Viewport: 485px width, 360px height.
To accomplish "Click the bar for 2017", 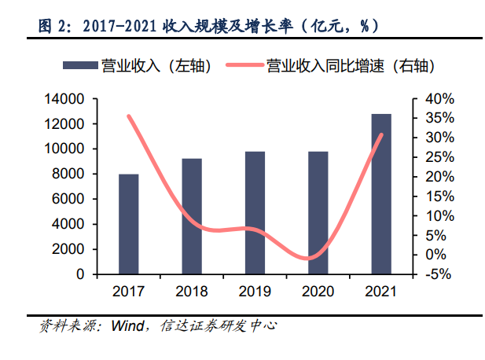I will tap(128, 224).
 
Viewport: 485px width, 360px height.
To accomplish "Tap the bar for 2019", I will tap(255, 213).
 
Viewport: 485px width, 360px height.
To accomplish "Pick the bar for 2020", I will tap(318, 213).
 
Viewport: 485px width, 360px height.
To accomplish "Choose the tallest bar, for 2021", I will tap(381, 194).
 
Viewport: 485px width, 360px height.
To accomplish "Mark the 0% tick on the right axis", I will tap(435, 255).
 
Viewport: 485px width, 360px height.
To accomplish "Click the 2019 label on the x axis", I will tap(255, 292).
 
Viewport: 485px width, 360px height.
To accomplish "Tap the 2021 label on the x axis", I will tap(381, 292).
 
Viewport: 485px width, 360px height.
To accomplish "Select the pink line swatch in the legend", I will tap(244, 68).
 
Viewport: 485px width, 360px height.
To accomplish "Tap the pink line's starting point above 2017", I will tap(128, 116).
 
